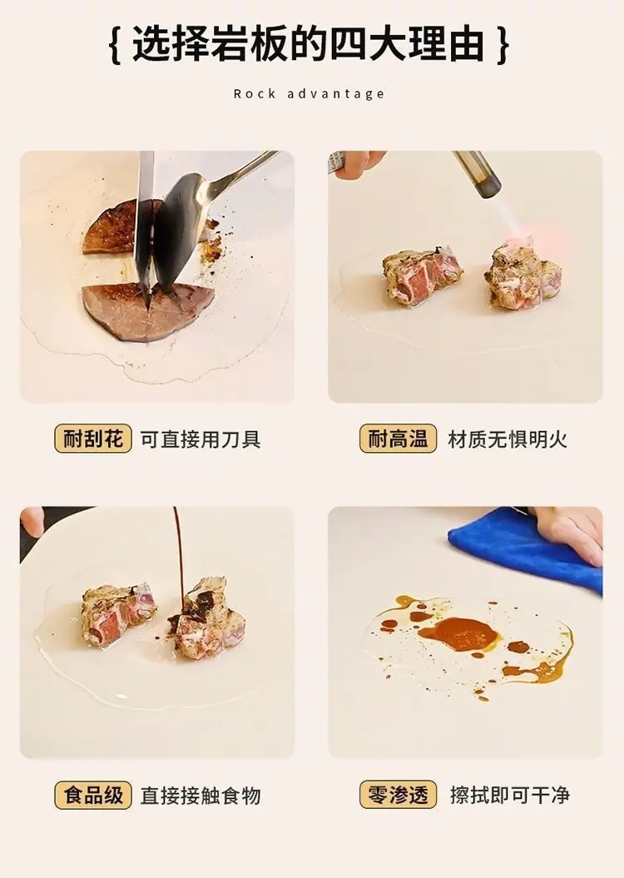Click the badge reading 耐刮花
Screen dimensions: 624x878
point(93,439)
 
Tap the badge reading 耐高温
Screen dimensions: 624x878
point(398,439)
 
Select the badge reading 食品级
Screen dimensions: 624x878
point(93,795)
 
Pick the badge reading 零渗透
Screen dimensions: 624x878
point(398,795)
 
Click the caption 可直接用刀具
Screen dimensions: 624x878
point(201,439)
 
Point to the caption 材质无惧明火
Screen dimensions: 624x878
point(508,439)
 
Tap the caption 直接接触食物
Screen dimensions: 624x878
point(201,796)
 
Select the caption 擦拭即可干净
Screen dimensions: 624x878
point(509,796)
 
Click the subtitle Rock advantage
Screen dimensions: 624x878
point(309,93)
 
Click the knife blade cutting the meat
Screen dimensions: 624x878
point(145,224)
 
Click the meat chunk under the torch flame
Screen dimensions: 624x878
point(522,276)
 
